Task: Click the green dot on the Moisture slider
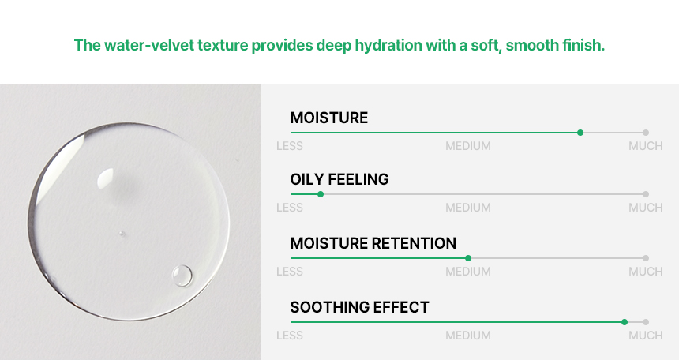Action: tap(580, 133)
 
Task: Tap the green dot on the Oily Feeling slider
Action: tap(321, 194)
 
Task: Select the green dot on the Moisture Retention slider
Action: tap(468, 258)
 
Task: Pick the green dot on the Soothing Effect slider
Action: tap(625, 322)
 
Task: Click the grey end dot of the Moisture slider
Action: tap(646, 133)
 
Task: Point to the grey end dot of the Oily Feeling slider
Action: tap(646, 194)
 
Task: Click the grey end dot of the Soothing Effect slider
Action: tap(646, 322)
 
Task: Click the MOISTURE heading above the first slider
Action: tap(329, 118)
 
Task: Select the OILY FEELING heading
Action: tap(339, 179)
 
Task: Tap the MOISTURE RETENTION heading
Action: tap(373, 243)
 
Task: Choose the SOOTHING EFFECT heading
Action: tap(359, 307)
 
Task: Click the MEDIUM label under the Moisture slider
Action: tap(468, 146)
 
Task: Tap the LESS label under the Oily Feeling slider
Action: tap(290, 208)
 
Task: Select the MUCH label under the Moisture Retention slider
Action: tap(646, 272)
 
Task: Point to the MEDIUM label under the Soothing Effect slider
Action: tap(468, 336)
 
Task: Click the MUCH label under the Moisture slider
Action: tap(646, 146)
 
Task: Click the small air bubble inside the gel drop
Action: tap(182, 276)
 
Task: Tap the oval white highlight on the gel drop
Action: tap(105, 179)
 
